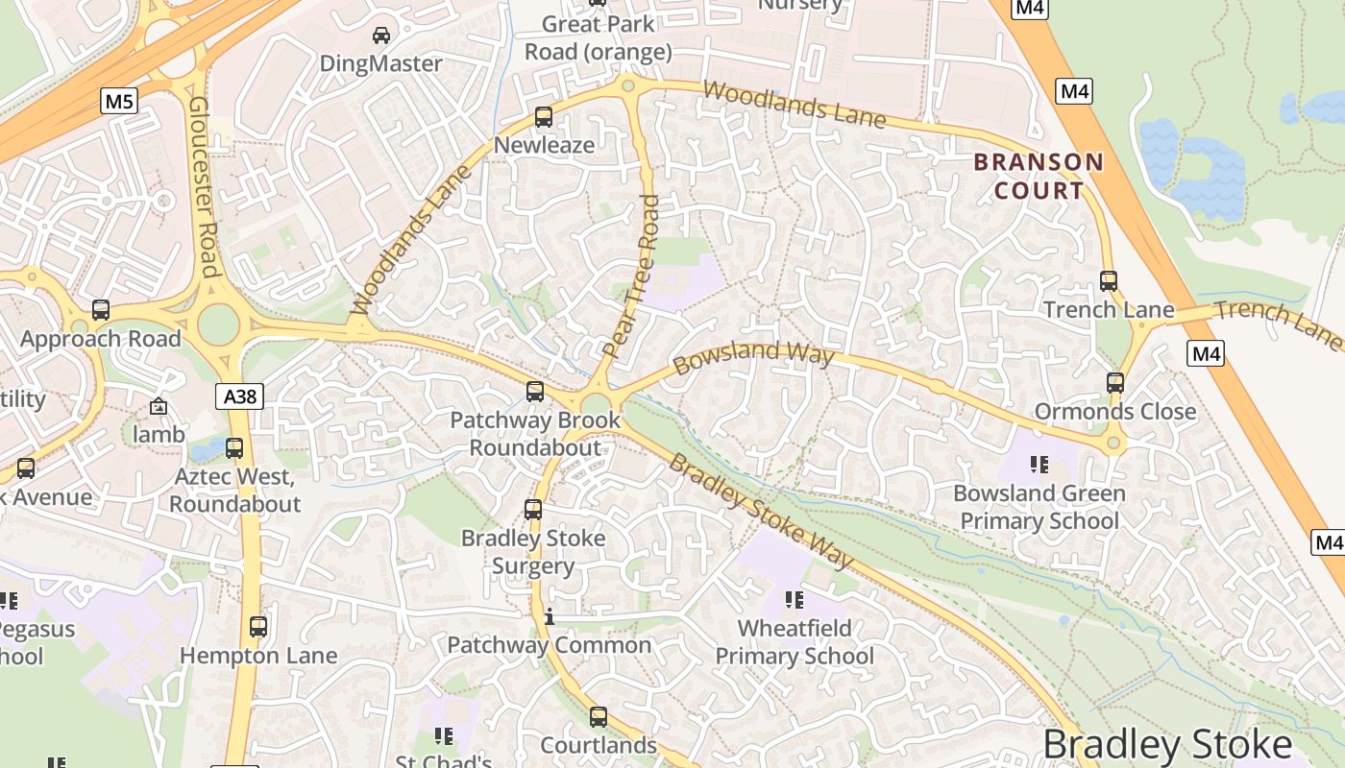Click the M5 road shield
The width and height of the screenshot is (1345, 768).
click(119, 101)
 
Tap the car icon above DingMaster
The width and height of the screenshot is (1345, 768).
click(381, 36)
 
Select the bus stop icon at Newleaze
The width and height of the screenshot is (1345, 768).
click(544, 117)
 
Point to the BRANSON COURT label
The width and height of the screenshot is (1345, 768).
click(1039, 176)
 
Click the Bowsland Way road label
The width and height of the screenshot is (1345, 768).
click(753, 358)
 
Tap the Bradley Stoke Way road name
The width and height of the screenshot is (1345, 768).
click(761, 511)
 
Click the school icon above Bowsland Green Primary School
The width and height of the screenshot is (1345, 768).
click(1039, 466)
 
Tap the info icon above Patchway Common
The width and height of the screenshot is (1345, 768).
click(549, 616)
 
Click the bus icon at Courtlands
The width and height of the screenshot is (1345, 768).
click(599, 717)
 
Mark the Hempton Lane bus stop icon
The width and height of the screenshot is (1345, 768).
click(258, 627)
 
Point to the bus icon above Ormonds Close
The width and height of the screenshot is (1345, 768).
click(1114, 383)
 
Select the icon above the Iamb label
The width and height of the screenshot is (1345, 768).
click(159, 407)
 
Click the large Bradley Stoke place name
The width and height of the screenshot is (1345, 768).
click(1166, 745)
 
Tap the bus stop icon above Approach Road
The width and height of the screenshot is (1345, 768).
click(101, 310)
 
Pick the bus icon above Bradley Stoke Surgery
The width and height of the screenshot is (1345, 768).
click(533, 510)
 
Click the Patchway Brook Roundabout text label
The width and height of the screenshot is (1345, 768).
click(535, 434)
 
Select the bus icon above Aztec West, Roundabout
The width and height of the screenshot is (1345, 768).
click(234, 448)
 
